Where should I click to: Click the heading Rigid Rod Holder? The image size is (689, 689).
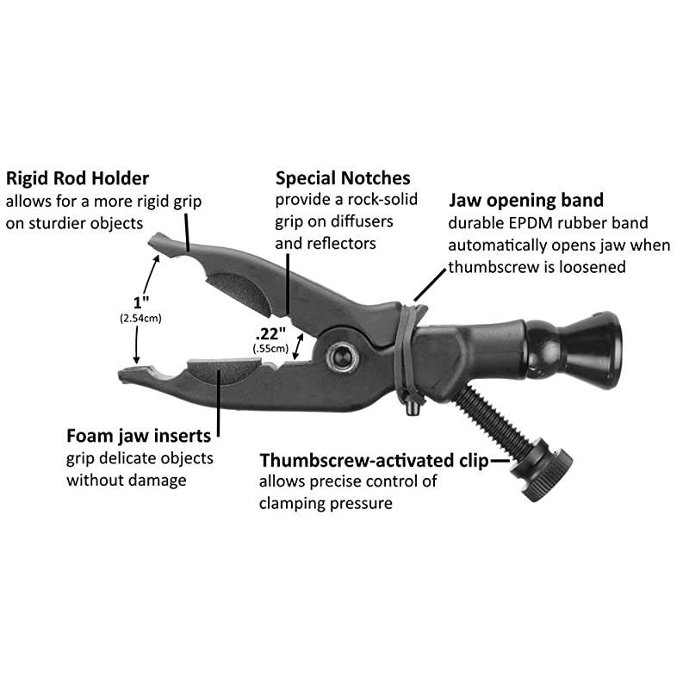78,179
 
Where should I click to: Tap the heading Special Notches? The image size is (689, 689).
343,178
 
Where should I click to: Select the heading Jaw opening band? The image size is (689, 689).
526,201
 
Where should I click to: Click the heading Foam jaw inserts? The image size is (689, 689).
139,436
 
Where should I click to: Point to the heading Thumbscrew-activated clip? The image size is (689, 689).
374,460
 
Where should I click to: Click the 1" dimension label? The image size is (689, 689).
140,302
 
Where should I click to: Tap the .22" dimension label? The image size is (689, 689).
270,334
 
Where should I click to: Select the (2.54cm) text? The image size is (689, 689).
140,318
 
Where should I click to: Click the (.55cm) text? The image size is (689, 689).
270,349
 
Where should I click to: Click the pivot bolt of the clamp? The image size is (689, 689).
342,357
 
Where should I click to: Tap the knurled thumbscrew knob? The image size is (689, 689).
542,469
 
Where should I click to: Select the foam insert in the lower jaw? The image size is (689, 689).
223,369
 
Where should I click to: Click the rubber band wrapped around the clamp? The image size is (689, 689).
407,351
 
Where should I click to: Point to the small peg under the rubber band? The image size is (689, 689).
412,408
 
